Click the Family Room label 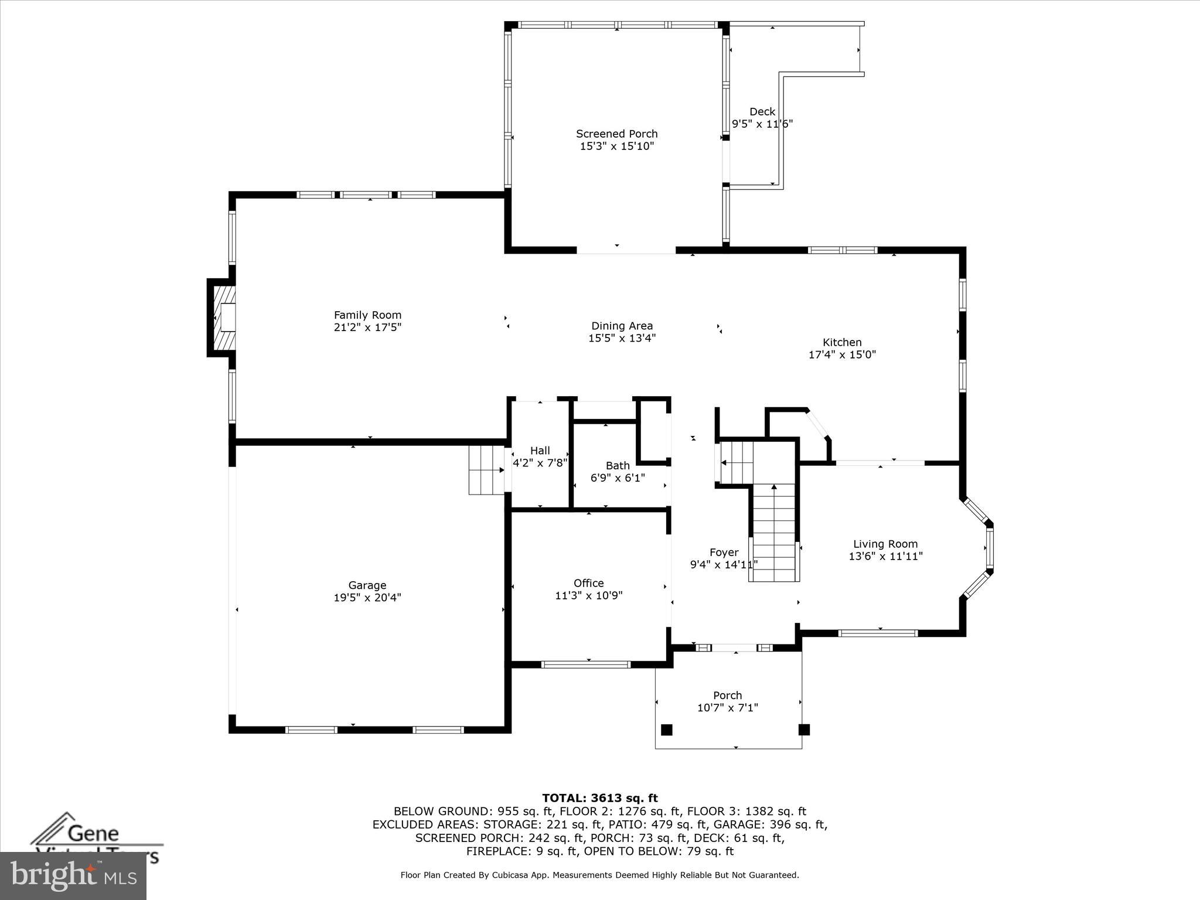click(367, 315)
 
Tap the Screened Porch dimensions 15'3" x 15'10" click(616, 146)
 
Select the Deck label click(762, 111)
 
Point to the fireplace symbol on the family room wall click(223, 318)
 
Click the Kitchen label click(842, 342)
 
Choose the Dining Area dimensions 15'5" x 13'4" click(622, 338)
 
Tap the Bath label click(618, 465)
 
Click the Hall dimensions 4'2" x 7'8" click(540, 463)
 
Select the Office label click(588, 583)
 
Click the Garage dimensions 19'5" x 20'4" click(367, 598)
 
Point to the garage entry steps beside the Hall click(486, 470)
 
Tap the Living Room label click(885, 544)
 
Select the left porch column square click(666, 729)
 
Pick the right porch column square click(804, 729)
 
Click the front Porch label click(727, 696)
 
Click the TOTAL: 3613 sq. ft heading click(599, 798)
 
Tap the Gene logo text click(94, 833)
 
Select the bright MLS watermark click(73, 875)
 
